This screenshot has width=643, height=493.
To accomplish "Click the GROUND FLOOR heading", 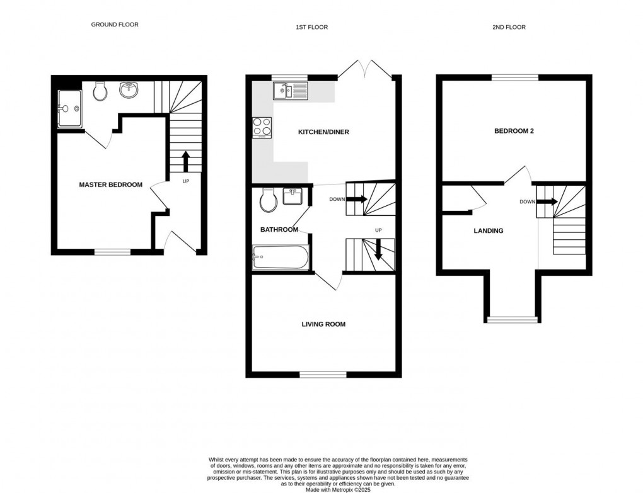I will point(114,25).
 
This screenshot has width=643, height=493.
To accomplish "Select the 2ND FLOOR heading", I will point(509,27).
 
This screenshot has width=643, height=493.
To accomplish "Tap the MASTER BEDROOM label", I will point(110,184).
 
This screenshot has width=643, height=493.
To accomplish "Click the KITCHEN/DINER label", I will point(323,132).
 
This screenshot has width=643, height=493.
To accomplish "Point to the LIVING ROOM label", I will point(323,324).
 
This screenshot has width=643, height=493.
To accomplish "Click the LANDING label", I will point(489,230).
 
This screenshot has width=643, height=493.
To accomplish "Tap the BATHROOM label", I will point(279,230).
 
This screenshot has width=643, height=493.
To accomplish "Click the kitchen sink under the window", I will point(289,92).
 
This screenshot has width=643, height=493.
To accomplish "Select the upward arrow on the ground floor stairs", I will point(185,161).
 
